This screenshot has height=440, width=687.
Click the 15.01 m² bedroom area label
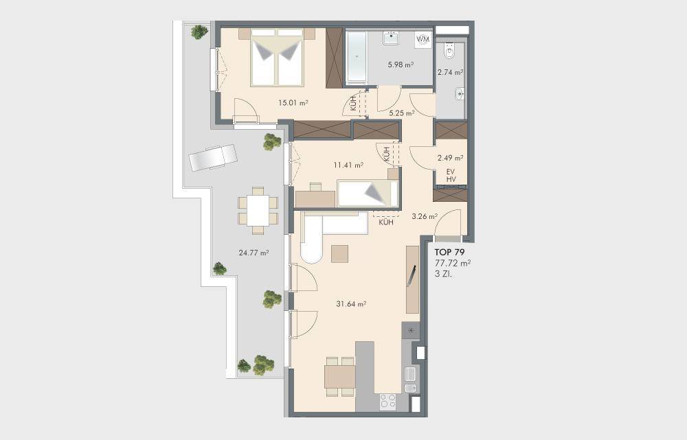click(293, 103)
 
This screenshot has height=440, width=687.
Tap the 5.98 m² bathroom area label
click(401, 65)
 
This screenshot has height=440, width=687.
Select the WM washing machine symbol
click(423, 39)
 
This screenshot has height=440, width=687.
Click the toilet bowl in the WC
click(449, 51)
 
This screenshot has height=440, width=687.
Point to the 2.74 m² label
click(451, 72)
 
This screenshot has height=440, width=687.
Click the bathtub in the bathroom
click(357, 56)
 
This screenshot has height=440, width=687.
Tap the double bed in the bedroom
click(277, 58)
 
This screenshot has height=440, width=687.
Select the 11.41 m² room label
click(348, 165)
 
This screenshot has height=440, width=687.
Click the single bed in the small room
click(368, 193)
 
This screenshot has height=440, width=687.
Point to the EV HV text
click(451, 176)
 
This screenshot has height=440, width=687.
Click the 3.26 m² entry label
click(425, 216)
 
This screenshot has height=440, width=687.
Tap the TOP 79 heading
click(449, 252)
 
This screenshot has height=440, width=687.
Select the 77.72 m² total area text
click(453, 263)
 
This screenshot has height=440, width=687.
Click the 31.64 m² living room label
click(351, 303)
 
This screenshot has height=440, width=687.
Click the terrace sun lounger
click(213, 157)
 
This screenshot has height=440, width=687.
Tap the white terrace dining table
click(258, 211)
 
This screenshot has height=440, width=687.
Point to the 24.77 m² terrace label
click(254, 252)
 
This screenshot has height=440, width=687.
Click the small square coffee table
click(339, 254)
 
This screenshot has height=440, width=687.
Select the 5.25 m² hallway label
click(402, 113)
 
